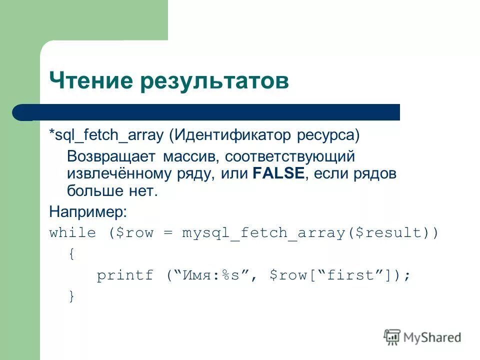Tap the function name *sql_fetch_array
coord(106,135)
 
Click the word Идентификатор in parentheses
coord(232,135)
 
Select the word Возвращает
coord(111,157)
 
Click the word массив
coord(188,157)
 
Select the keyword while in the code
coord(72,232)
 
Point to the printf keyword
coord(125,275)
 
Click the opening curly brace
coord(72,254)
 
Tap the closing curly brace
coord(72,296)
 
